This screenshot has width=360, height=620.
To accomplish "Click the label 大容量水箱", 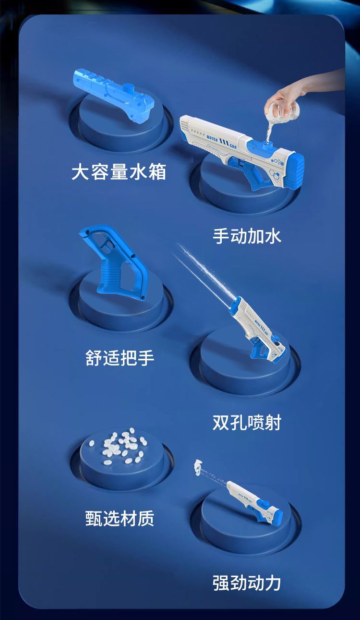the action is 119,172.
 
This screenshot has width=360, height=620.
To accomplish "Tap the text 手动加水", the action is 247,236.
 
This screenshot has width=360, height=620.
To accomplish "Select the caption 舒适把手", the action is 120,358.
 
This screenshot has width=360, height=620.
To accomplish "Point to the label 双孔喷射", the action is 247,422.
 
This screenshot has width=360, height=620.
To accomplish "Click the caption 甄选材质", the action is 120,518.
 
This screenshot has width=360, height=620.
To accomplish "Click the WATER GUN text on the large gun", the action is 221,141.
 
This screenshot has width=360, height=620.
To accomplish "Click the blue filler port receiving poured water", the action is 267,144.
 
